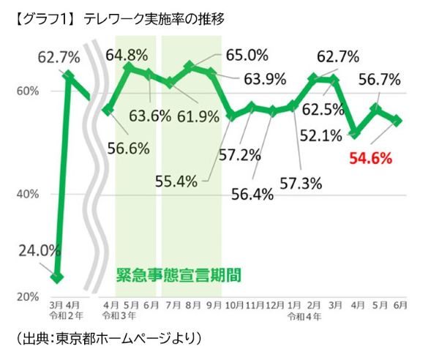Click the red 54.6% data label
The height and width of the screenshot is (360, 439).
click(370, 157)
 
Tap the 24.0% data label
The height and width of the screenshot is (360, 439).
click(38, 250)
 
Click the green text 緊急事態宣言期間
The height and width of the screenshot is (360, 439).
click(179, 276)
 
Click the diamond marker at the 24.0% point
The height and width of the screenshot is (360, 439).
click(58, 277)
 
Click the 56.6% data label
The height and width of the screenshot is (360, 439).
click(129, 148)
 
